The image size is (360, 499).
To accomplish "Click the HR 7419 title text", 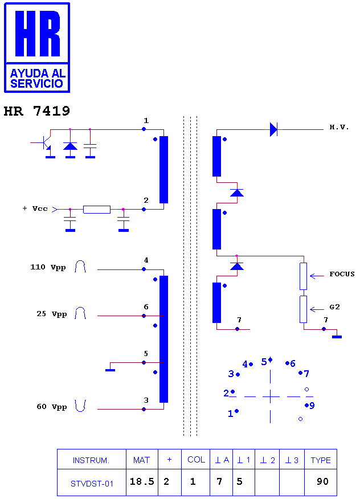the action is pos(36,111).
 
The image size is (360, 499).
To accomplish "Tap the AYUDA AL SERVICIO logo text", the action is pos(38,78).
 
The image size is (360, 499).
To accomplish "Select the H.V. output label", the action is pos(339,127).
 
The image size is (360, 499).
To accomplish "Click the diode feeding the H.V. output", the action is pos(273,129).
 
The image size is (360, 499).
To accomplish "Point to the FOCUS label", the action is pos(342,274).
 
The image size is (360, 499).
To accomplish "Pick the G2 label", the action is pos(334,307).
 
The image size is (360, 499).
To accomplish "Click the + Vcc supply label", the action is pos(35,208).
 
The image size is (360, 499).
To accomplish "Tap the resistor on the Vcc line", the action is pos(97,210).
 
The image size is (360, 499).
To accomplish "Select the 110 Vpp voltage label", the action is pos(48,267).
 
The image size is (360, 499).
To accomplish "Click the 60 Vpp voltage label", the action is pos(52,407).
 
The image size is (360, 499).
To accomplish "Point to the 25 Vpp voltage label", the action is pos(52,314).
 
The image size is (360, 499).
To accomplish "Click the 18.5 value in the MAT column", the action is pos(142,481).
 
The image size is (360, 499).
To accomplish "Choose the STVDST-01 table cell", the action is pos(92,484).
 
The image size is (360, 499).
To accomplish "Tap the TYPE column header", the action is pos(321,460).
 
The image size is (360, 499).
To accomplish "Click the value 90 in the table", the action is pos(322,481).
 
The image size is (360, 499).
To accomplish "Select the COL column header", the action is pos(196,460).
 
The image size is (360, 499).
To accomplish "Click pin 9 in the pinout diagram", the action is pos(310,406).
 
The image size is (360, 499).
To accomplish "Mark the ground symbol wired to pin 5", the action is pos(110,370).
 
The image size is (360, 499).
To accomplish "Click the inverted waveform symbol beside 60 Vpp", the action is pos(80,406).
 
